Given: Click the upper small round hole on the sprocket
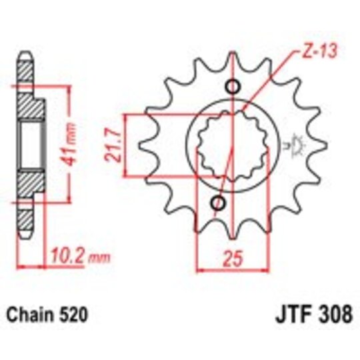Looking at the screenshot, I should pos(233,87).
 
